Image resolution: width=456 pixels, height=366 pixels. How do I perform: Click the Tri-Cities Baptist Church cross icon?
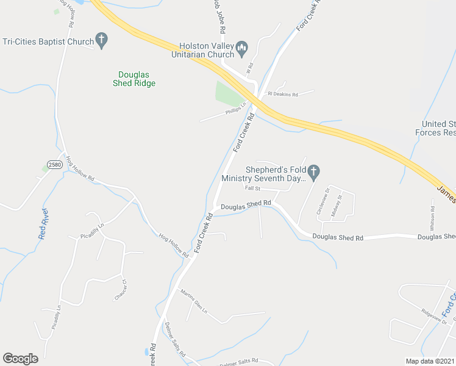click(x=102, y=42)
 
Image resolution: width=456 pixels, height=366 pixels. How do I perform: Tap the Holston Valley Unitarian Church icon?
click(x=241, y=47)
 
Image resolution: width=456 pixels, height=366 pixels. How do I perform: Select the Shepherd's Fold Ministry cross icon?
click(x=313, y=173)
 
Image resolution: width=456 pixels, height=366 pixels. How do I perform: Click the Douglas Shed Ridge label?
click(x=134, y=79)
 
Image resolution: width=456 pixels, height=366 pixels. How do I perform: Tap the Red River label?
click(x=43, y=224)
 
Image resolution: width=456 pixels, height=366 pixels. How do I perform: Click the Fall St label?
click(x=252, y=188)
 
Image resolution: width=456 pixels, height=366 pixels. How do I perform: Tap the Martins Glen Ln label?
click(x=194, y=301)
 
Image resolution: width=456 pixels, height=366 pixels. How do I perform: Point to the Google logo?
click(x=20, y=359)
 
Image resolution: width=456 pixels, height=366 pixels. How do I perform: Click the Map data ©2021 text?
click(x=429, y=361)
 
